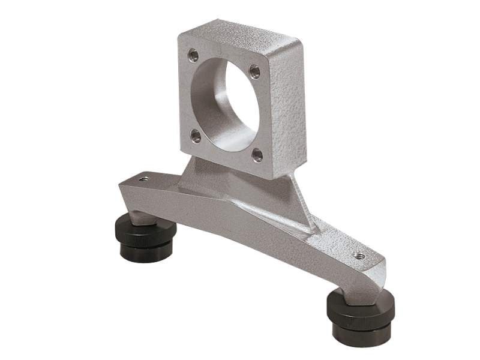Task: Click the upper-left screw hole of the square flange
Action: (x=193, y=56)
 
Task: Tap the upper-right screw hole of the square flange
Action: (x=254, y=72)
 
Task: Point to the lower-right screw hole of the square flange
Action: (x=257, y=155)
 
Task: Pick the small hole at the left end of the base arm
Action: (x=143, y=179)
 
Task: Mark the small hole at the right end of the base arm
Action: (x=359, y=256)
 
